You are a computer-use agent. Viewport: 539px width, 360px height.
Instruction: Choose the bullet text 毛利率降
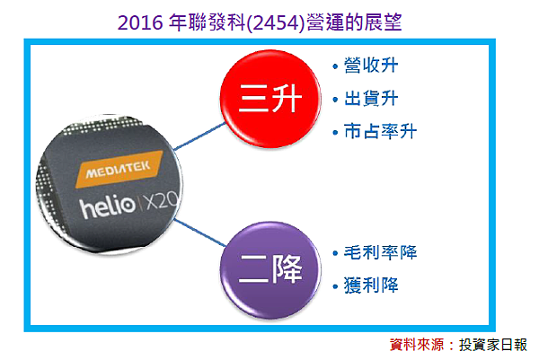[380, 252]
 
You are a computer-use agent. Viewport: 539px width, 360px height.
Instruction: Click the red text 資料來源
[421, 345]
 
